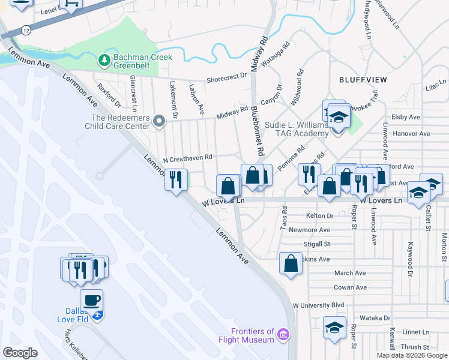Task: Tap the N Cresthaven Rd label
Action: coord(188,158)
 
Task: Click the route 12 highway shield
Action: coord(25,29)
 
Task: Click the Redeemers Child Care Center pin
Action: coord(159,122)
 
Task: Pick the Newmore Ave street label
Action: coord(310,230)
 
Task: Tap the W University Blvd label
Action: coord(318,305)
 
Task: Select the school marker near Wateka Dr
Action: coord(334,328)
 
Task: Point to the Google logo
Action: coord(20,353)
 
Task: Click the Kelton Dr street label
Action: coord(319,215)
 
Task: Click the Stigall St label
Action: coord(318,244)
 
